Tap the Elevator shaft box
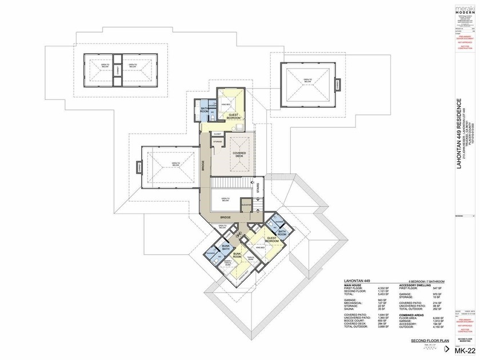click(247, 205)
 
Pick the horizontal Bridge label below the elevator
click(225, 218)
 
